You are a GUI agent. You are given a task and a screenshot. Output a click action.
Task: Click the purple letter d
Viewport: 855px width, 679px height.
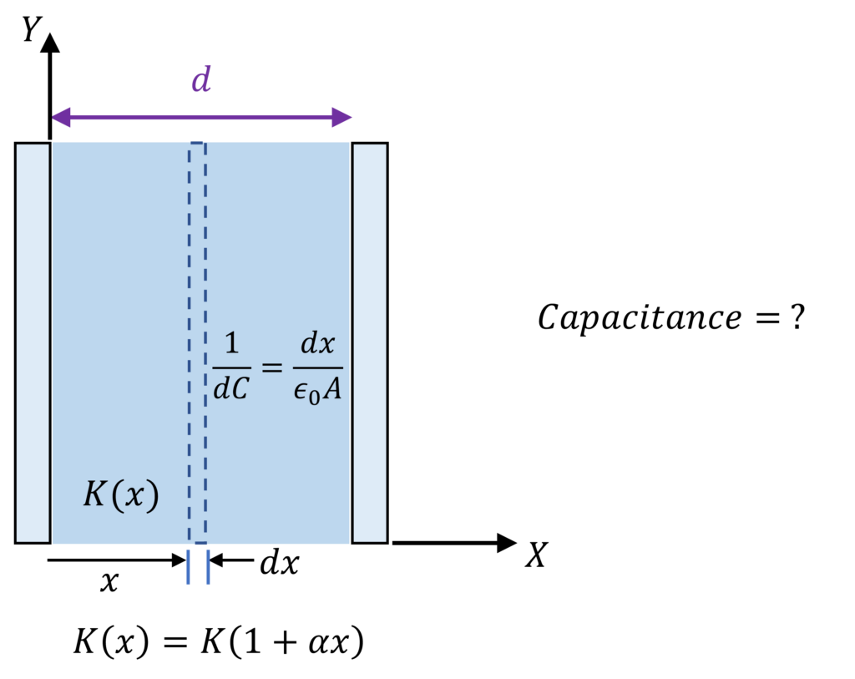201,80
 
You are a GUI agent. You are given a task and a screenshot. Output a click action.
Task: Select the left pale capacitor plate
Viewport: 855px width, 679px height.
33,342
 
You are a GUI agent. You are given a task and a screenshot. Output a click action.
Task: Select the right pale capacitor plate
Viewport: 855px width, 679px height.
370,342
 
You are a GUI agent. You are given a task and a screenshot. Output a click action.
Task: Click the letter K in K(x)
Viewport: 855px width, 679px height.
95,495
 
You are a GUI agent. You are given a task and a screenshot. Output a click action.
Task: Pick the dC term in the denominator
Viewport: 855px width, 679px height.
231,388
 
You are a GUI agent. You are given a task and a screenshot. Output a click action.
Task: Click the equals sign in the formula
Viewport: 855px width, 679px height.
272,367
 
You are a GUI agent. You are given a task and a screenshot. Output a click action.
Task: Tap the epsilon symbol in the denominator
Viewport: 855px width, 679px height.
301,391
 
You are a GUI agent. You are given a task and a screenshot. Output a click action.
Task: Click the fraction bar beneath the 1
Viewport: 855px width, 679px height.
231,367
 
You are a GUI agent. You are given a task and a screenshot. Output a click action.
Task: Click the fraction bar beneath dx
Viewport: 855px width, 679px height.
317,367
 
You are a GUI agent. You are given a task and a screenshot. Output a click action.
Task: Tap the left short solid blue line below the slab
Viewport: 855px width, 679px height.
189,567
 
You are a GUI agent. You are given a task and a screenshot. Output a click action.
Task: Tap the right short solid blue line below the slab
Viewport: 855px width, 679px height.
208,567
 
